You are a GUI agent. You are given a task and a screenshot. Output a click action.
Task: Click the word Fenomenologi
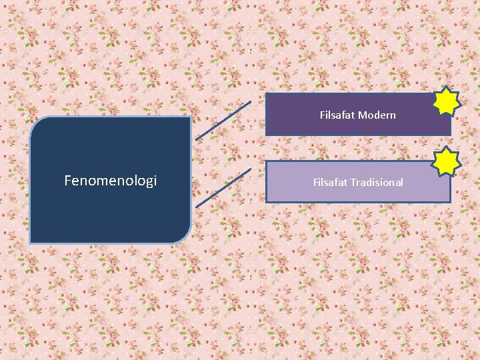pos(110,181)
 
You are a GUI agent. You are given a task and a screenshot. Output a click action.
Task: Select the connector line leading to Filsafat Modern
pos(223,121)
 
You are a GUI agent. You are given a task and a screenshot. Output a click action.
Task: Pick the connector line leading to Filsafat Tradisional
pos(223,188)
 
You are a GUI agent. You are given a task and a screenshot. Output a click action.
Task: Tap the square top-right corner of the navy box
pos(190,118)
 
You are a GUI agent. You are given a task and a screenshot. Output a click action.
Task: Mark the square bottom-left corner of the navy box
pos(31,241)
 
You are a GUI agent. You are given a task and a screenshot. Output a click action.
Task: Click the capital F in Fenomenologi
pos(67,181)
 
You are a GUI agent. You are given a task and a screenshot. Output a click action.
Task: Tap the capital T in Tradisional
pos(352,182)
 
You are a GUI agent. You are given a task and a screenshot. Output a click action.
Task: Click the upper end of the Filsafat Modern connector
pos(250,102)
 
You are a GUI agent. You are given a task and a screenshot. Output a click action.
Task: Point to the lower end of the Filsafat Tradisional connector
pos(197,207)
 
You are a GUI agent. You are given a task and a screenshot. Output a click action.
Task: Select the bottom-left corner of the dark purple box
pos(267,135)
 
